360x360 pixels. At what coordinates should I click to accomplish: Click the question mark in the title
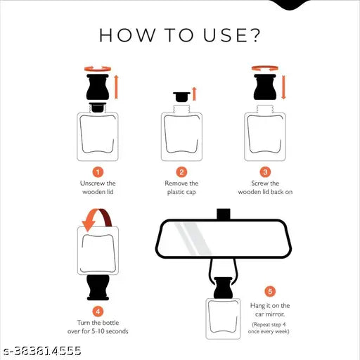pyautogui.click(x=254, y=35)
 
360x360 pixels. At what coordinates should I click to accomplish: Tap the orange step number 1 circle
pyautogui.click(x=98, y=172)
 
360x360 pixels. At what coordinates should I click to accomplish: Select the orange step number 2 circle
pyautogui.click(x=181, y=172)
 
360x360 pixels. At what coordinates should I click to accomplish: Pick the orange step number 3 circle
pyautogui.click(x=265, y=172)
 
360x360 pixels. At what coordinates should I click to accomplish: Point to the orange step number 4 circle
pyautogui.click(x=98, y=311)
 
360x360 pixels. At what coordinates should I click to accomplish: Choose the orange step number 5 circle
pyautogui.click(x=270, y=292)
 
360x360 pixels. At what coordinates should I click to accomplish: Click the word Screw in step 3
pyautogui.click(x=258, y=184)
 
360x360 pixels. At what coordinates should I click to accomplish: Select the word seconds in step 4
pyautogui.click(x=117, y=331)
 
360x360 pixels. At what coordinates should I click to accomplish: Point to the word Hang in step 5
pyautogui.click(x=257, y=306)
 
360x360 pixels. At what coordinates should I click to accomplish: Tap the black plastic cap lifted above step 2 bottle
pyautogui.click(x=181, y=97)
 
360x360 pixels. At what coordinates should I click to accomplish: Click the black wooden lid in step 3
pyautogui.click(x=265, y=87)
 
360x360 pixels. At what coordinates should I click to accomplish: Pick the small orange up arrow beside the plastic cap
pyautogui.click(x=194, y=94)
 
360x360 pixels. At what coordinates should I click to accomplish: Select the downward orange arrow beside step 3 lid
pyautogui.click(x=283, y=87)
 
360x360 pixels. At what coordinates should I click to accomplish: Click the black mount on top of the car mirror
pyautogui.click(x=224, y=214)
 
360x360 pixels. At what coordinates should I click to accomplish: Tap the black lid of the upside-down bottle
pyautogui.click(x=98, y=288)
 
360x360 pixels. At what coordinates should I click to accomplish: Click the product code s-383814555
pyautogui.click(x=43, y=351)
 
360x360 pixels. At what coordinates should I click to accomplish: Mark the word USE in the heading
pyautogui.click(x=225, y=35)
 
